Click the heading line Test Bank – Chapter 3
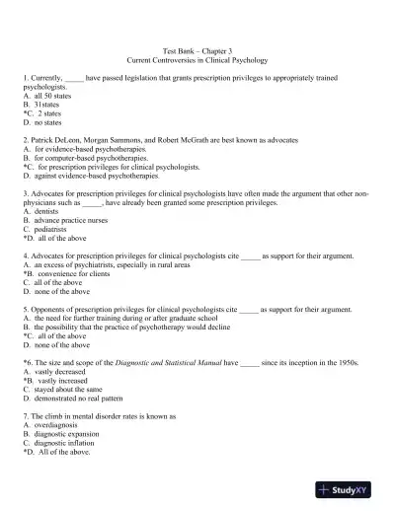click(x=197, y=48)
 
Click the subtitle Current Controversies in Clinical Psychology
click(x=197, y=60)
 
